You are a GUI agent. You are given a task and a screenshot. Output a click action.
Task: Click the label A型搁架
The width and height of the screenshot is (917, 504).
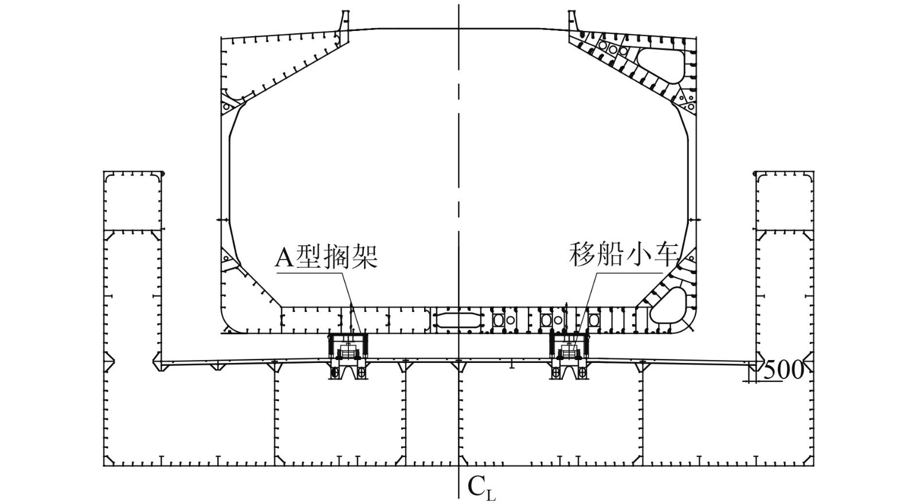[x=326, y=257]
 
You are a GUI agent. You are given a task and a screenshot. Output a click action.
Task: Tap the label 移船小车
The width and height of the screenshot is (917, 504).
[x=624, y=254]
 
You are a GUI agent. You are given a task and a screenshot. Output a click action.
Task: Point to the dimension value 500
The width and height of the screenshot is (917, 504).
[x=783, y=370]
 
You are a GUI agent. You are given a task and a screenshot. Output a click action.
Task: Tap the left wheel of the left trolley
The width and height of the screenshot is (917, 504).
[x=335, y=373]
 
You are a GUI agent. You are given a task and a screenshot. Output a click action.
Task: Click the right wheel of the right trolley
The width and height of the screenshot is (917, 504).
[x=582, y=373]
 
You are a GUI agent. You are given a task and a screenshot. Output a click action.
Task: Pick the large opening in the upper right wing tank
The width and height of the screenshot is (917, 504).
[x=661, y=61]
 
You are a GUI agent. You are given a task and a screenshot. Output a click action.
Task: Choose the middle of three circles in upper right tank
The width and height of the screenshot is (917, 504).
[x=613, y=50]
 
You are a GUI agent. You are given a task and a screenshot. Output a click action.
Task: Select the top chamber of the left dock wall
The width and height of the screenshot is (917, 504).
[x=132, y=201]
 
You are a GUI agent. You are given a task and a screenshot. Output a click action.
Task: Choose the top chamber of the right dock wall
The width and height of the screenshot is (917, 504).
[x=785, y=201]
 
